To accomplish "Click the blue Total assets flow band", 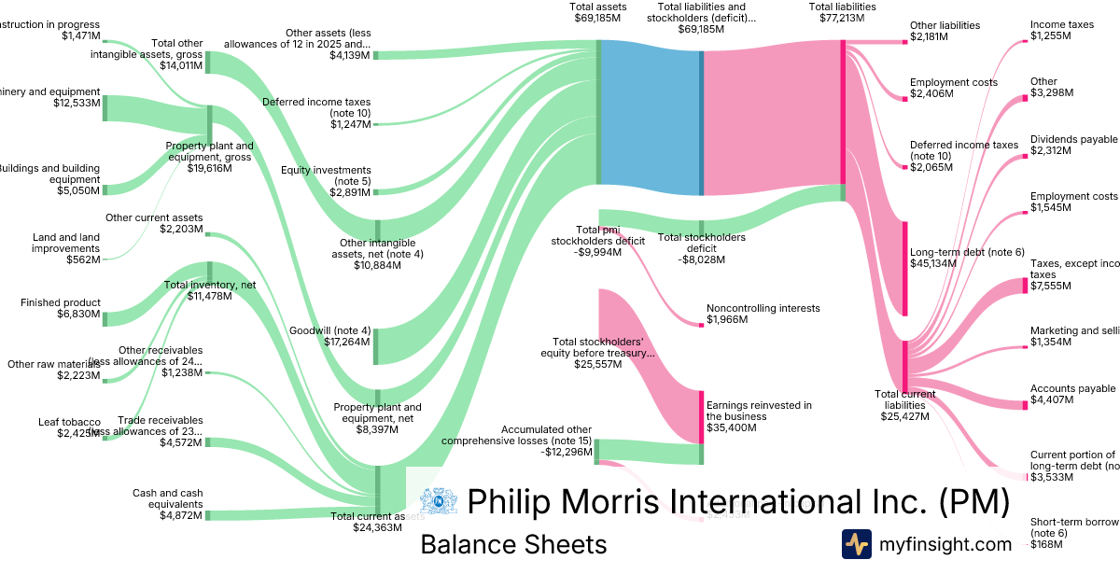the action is (650, 117).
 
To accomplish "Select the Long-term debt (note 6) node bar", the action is (904, 268).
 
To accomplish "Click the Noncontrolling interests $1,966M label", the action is (763, 314).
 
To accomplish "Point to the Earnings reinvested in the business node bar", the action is (702, 416).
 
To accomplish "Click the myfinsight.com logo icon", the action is (856, 544).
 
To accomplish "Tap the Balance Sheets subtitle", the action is (513, 545).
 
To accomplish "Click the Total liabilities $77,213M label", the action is (842, 13).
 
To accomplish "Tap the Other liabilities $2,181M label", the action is (945, 31).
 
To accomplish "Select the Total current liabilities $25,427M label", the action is (904, 404).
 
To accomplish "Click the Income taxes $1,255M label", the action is (1062, 30).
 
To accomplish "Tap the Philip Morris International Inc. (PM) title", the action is (737, 502).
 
